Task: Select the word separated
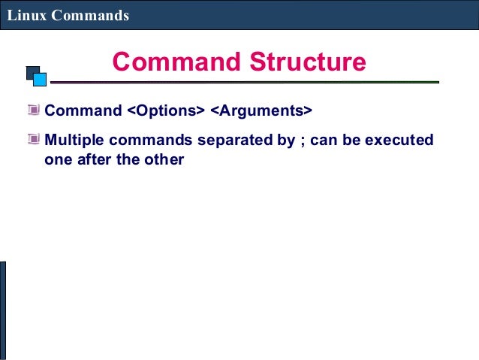tap(233, 141)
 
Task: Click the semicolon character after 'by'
tap(303, 141)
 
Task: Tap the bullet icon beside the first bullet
tap(32, 110)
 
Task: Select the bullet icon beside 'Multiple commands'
tap(32, 140)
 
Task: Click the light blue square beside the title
tap(40, 79)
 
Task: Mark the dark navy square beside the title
tap(31, 72)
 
